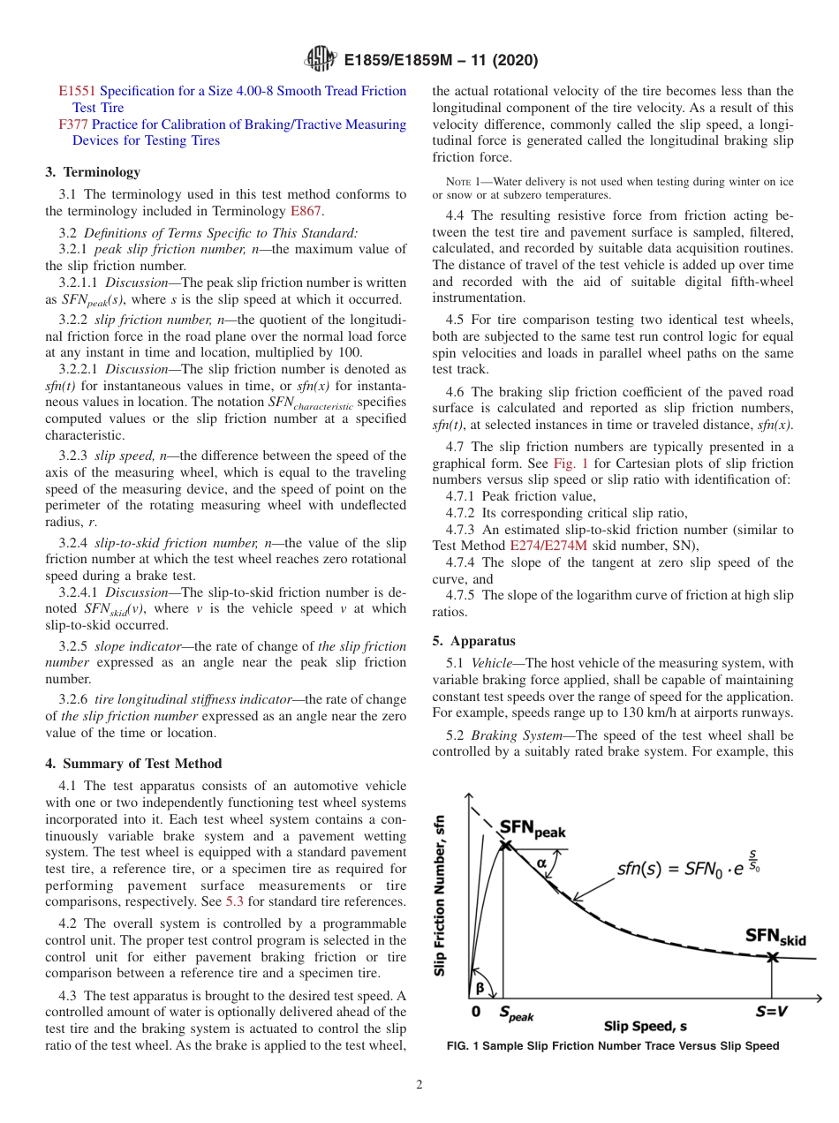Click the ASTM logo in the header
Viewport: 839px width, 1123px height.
pos(320,60)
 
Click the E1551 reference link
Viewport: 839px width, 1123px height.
pos(77,91)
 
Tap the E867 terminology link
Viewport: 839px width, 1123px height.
pos(306,211)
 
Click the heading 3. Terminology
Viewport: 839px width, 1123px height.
pos(93,172)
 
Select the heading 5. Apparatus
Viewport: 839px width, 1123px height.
pos(474,641)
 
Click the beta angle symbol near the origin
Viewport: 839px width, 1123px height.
pos(479,987)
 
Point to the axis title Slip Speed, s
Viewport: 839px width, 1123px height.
pos(646,1026)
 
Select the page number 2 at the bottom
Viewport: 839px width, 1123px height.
pos(419,1084)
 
